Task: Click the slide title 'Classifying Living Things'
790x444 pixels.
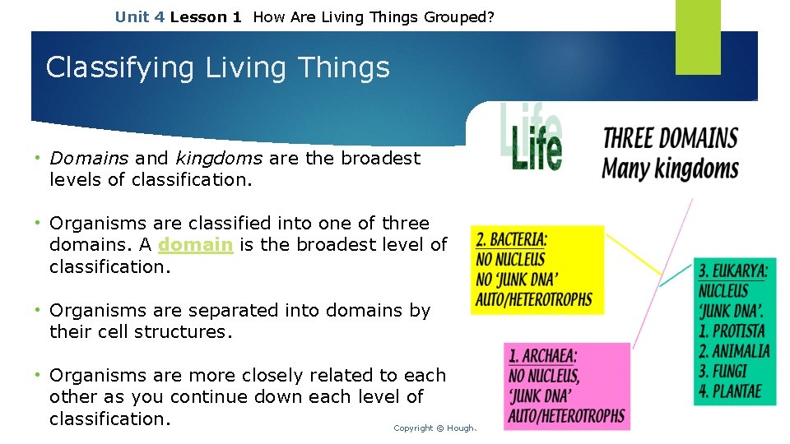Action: [217, 67]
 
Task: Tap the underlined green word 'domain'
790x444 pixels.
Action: [195, 245]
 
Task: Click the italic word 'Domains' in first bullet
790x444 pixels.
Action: [89, 158]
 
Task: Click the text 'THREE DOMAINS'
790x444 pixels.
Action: [670, 137]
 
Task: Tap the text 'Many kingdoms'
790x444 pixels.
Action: [670, 169]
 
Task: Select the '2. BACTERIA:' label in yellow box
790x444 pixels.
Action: [511, 240]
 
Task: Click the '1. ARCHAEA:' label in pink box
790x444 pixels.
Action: [542, 356]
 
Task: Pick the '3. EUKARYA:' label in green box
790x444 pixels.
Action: [732, 271]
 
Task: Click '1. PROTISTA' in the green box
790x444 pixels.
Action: [732, 331]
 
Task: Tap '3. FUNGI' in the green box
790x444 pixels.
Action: [722, 371]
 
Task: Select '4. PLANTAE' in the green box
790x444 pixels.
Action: [729, 391]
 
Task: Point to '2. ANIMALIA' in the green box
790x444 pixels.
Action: [734, 351]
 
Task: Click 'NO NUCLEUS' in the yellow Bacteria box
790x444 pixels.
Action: [510, 260]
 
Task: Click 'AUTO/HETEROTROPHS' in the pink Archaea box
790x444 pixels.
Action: [566, 416]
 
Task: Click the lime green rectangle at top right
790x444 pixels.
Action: [698, 37]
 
